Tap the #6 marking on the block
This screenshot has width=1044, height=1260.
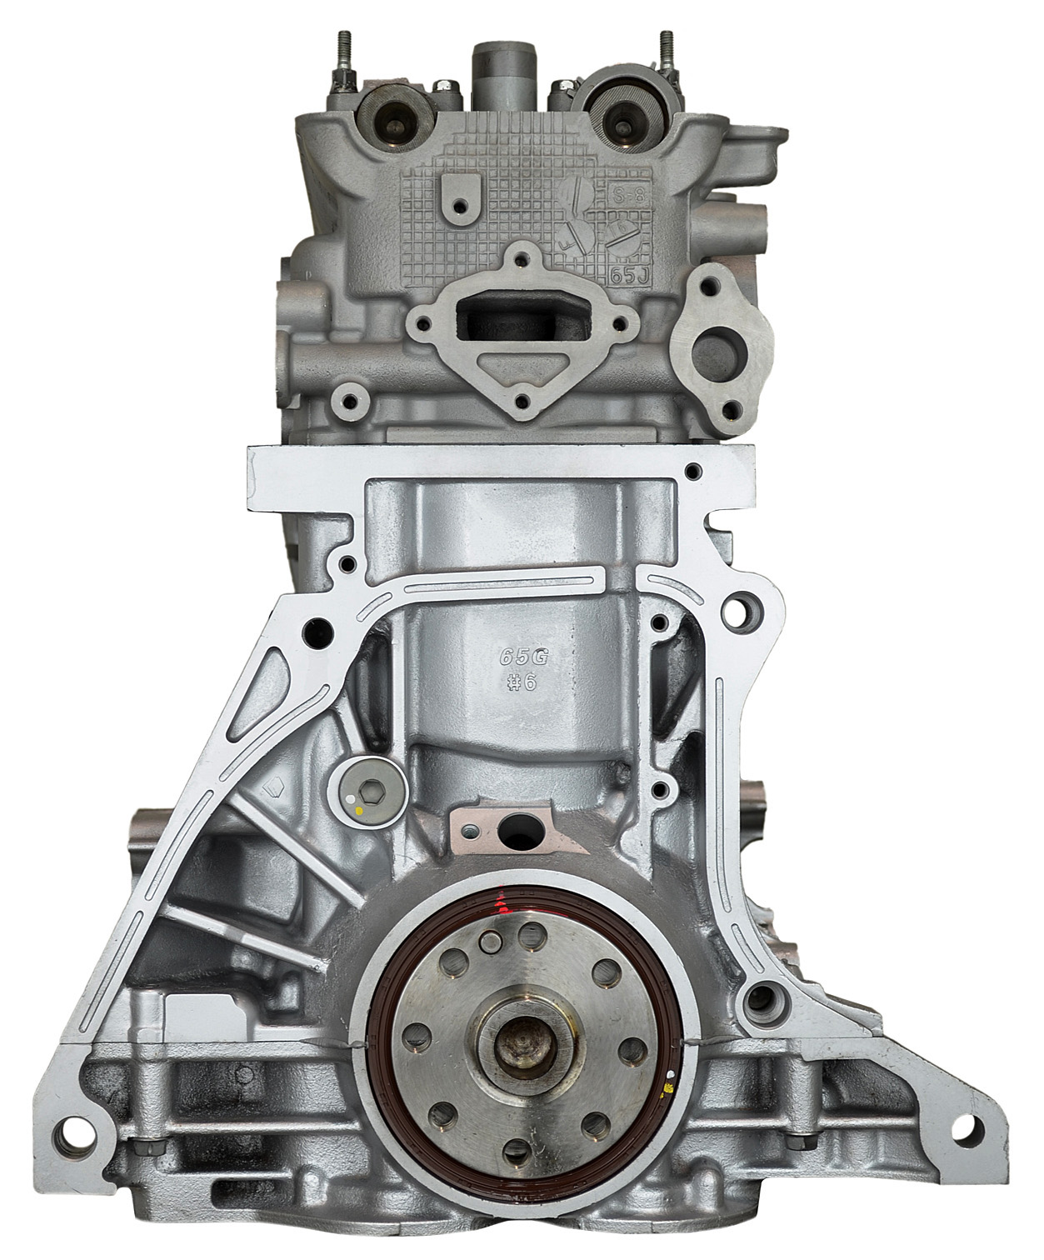point(522,682)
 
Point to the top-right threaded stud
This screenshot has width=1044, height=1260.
point(667,54)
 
